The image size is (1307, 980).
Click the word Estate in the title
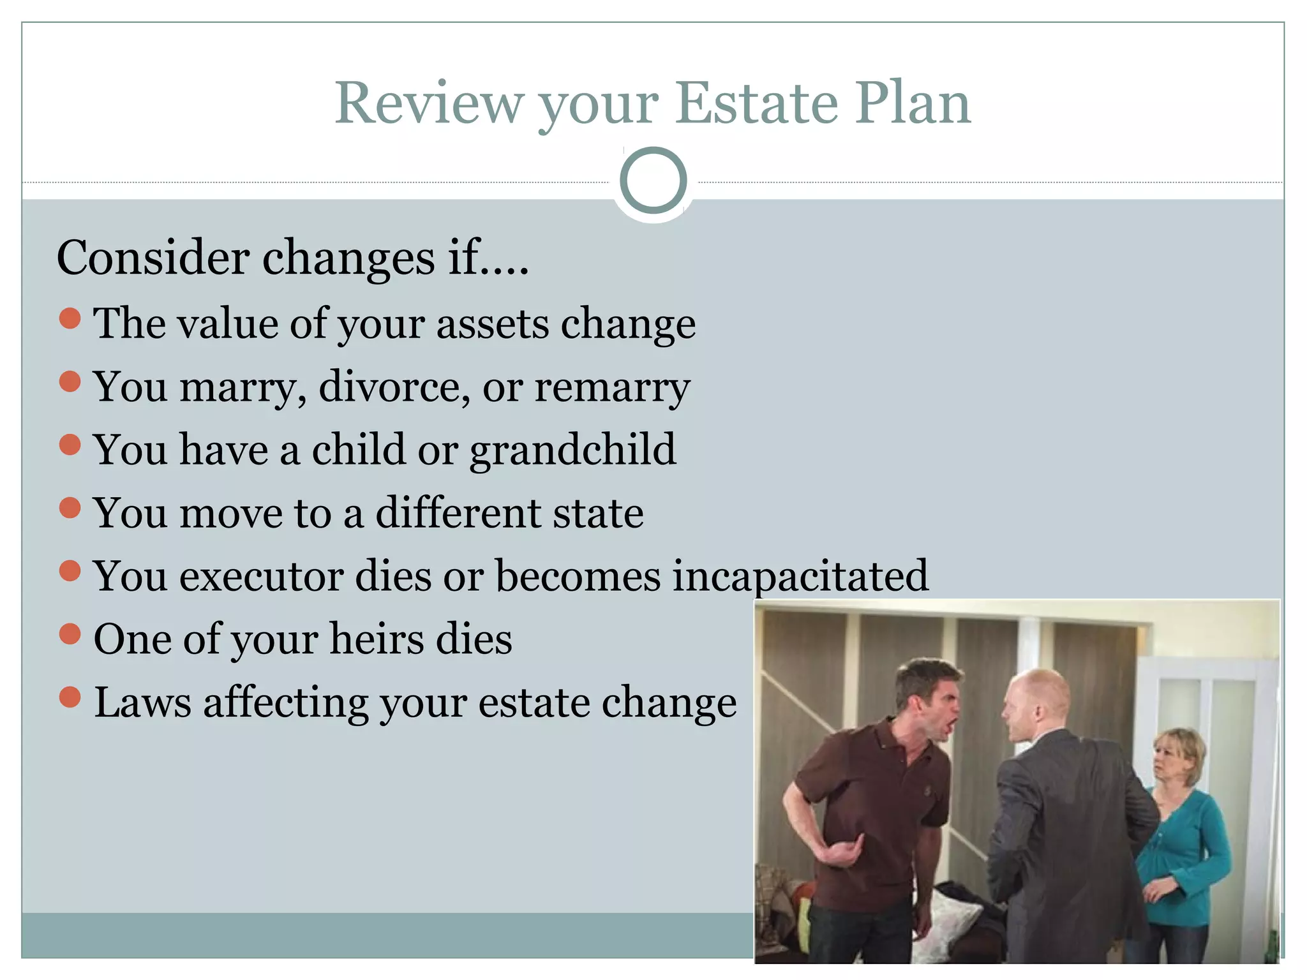click(x=756, y=103)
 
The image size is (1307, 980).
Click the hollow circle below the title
click(x=653, y=181)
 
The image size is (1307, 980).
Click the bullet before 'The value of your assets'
click(x=70, y=318)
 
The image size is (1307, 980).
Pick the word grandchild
click(x=572, y=450)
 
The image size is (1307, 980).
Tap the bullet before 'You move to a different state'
click(x=70, y=508)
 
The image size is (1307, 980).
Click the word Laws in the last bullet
click(x=142, y=702)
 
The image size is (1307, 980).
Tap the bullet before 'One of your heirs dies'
click(x=70, y=634)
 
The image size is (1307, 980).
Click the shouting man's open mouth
click(x=951, y=724)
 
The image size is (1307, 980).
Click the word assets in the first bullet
click(x=492, y=323)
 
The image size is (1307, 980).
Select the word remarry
click(x=612, y=388)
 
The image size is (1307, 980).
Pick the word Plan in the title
click(x=913, y=103)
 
